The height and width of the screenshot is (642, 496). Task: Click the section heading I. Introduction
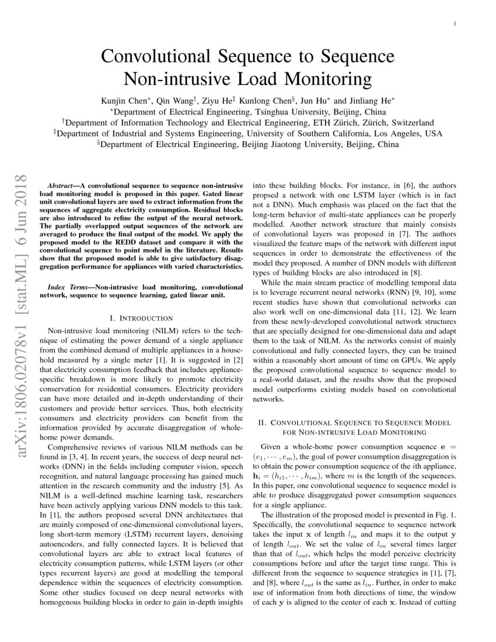[x=141, y=318]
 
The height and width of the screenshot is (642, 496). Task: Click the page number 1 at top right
[x=454, y=24]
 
